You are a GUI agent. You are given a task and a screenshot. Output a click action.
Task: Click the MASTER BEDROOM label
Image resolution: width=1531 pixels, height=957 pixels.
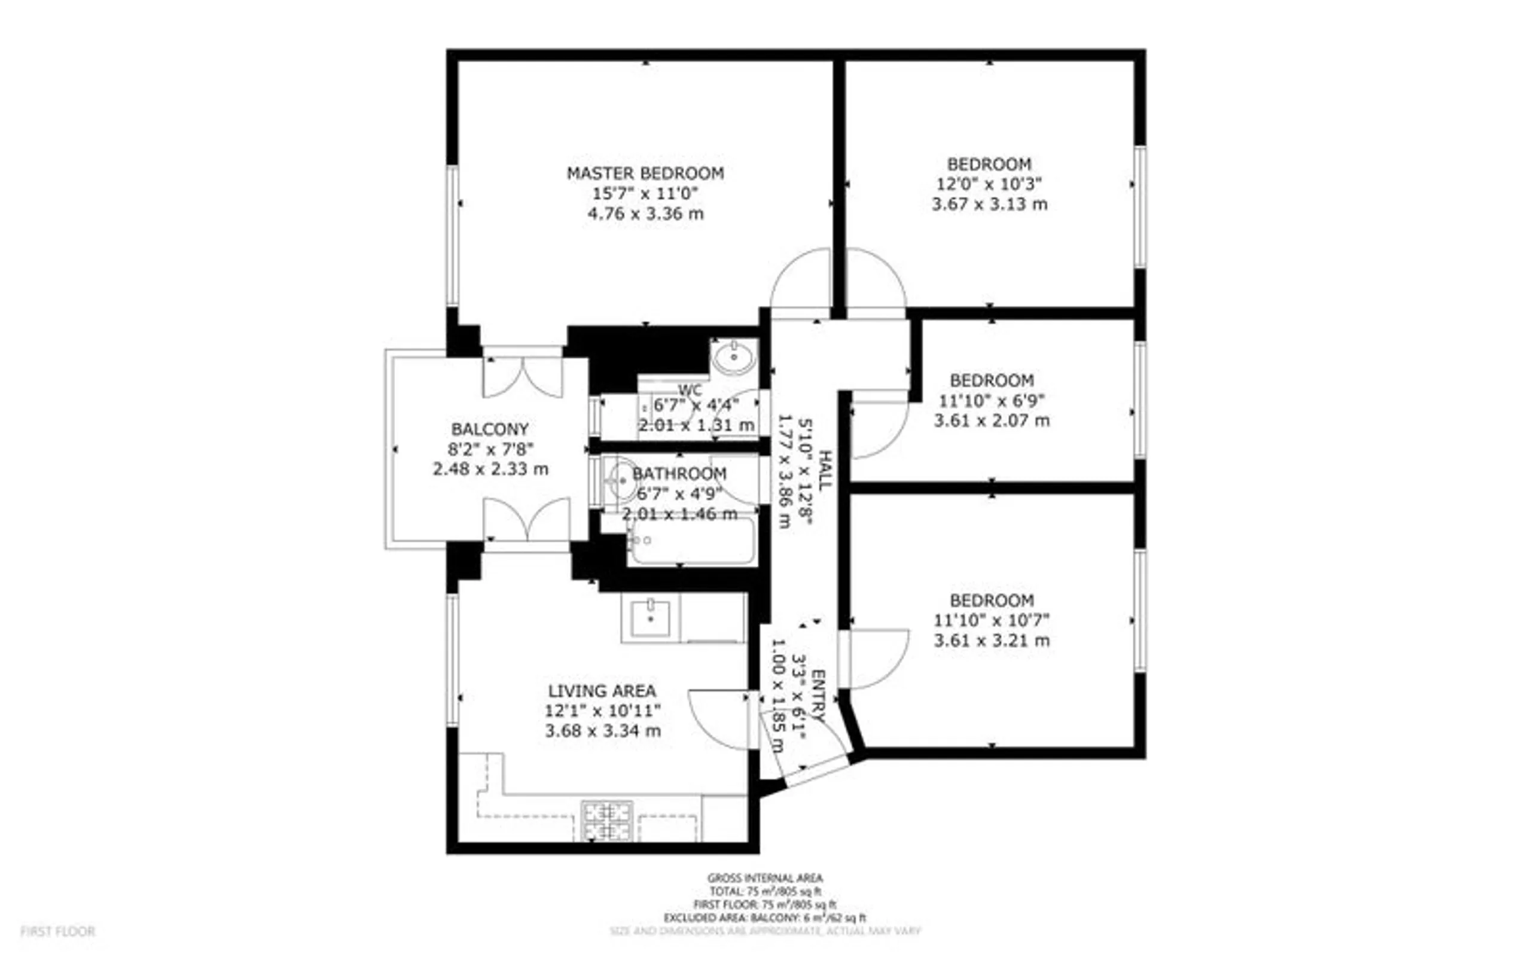tap(645, 173)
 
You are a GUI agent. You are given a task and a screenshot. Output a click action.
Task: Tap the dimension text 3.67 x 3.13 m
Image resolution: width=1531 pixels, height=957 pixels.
tap(989, 205)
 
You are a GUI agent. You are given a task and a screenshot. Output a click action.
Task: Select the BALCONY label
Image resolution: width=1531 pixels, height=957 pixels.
tap(489, 429)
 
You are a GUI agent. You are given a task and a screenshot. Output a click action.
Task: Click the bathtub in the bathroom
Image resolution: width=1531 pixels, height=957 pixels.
tap(691, 541)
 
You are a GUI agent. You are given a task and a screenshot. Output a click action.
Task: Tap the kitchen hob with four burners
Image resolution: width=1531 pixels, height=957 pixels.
tap(606, 821)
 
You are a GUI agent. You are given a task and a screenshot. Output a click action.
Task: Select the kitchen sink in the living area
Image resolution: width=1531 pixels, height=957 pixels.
tap(650, 618)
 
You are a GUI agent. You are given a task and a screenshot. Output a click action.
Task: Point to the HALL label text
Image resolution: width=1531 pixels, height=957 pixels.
tap(824, 470)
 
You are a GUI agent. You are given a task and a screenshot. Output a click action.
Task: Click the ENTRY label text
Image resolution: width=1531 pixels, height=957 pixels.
tap(819, 696)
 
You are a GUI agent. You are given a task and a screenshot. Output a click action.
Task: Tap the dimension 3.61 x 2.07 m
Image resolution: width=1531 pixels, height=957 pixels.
tap(992, 420)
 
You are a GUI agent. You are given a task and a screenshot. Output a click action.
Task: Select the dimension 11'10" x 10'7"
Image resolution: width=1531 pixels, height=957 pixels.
tap(992, 620)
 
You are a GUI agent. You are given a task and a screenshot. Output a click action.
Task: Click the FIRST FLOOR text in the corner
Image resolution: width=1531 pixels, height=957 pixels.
tap(57, 931)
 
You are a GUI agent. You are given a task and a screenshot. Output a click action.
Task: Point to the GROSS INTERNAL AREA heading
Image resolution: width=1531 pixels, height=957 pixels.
tap(765, 878)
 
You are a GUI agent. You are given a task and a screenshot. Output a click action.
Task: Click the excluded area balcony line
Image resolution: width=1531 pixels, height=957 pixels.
tap(765, 918)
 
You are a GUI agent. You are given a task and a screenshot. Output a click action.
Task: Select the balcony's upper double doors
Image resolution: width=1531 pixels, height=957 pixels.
tap(523, 377)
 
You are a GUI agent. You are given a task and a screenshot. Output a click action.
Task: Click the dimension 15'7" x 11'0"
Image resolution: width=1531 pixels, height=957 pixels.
tap(645, 193)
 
